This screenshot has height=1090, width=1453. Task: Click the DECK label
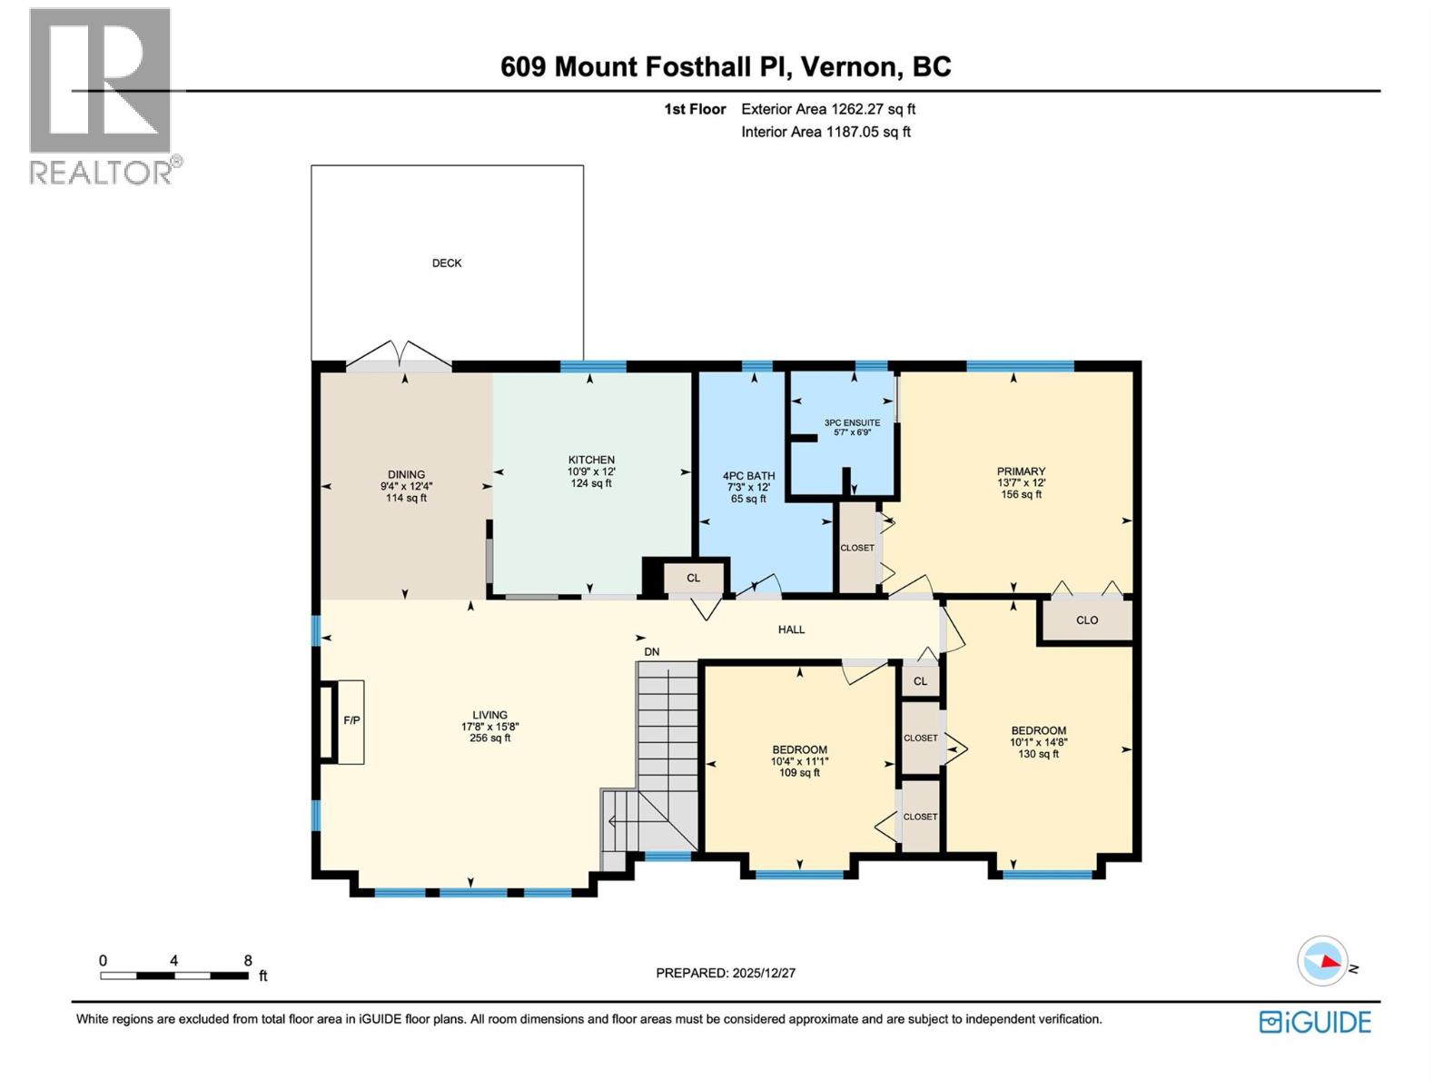click(x=446, y=263)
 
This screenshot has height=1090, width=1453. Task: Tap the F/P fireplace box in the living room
click(x=351, y=721)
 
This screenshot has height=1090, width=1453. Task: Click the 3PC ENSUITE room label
click(x=852, y=422)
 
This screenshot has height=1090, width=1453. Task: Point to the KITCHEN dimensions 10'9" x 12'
click(x=591, y=471)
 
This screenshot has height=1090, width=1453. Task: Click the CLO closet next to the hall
click(x=1086, y=620)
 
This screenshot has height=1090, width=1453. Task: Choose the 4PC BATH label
click(x=748, y=475)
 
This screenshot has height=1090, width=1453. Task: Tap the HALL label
click(x=791, y=629)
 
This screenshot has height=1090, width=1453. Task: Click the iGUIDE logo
click(x=1315, y=1022)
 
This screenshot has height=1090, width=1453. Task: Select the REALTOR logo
click(x=102, y=95)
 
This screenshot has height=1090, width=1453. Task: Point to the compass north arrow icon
click(x=1322, y=961)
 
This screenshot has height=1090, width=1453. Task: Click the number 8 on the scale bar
click(x=248, y=960)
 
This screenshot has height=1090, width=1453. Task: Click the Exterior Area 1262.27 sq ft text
click(x=827, y=109)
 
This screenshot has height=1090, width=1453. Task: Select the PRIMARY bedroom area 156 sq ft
click(x=1021, y=495)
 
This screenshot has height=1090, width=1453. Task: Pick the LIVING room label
click(x=489, y=715)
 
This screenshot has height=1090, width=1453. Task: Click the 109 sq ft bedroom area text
click(x=799, y=773)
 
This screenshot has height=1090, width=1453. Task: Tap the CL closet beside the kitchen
click(x=694, y=578)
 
